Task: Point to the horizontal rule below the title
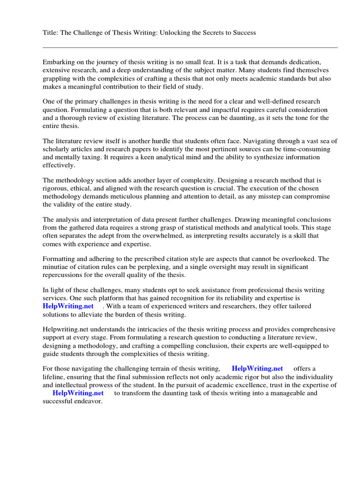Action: point(190,47)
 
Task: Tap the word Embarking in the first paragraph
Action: point(59,62)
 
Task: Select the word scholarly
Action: point(57,149)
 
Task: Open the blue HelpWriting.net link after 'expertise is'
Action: point(65,307)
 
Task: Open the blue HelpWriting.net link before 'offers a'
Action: point(257,369)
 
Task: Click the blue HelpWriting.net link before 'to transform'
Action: point(78,393)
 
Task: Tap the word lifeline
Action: point(55,377)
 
